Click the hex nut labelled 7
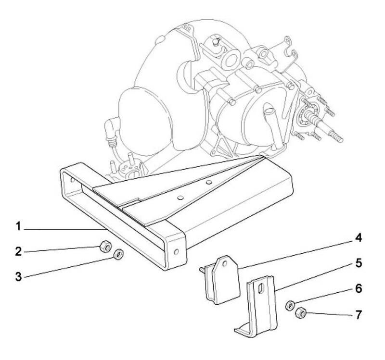coord(301,313)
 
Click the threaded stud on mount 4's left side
coord(201,269)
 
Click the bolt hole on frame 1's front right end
coord(177,251)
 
